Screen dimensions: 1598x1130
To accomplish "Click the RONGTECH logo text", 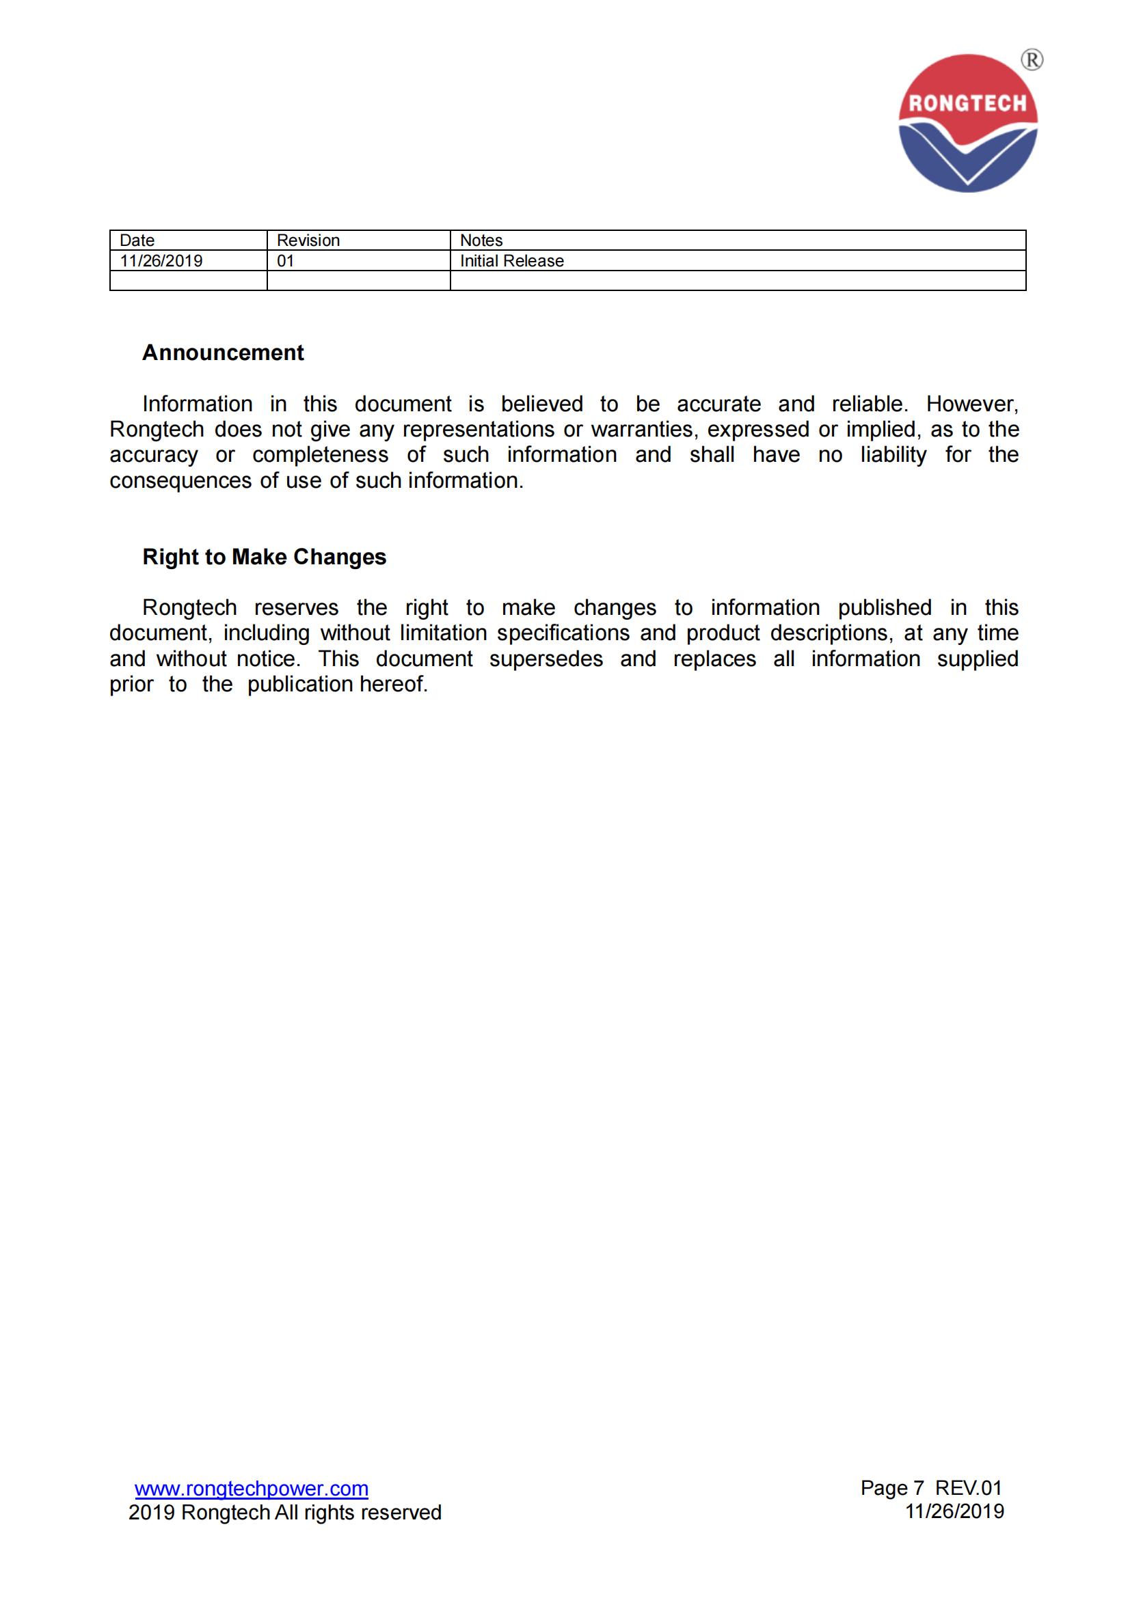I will (x=967, y=104).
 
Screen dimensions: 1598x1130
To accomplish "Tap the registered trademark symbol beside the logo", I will (x=1031, y=61).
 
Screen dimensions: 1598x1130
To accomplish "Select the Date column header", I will (x=137, y=240).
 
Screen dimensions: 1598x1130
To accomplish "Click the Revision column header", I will (x=308, y=240).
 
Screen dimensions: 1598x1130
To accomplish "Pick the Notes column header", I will (x=481, y=240).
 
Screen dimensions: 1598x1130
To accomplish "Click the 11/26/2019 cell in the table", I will (x=161, y=261).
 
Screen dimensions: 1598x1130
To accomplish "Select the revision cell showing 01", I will (x=286, y=261).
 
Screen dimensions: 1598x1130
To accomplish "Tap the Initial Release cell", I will (x=512, y=261).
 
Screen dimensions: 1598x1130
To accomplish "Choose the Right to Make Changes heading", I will (x=264, y=557).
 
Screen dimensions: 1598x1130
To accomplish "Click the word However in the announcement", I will (x=972, y=404).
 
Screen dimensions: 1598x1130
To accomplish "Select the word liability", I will (x=893, y=454).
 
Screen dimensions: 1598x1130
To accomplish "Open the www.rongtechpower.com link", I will (x=252, y=1489).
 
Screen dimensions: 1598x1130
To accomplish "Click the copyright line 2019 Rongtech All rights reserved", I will (x=285, y=1513).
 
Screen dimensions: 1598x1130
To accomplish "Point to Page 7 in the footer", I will (x=892, y=1488).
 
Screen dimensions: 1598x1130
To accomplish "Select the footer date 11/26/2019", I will (x=954, y=1512).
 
